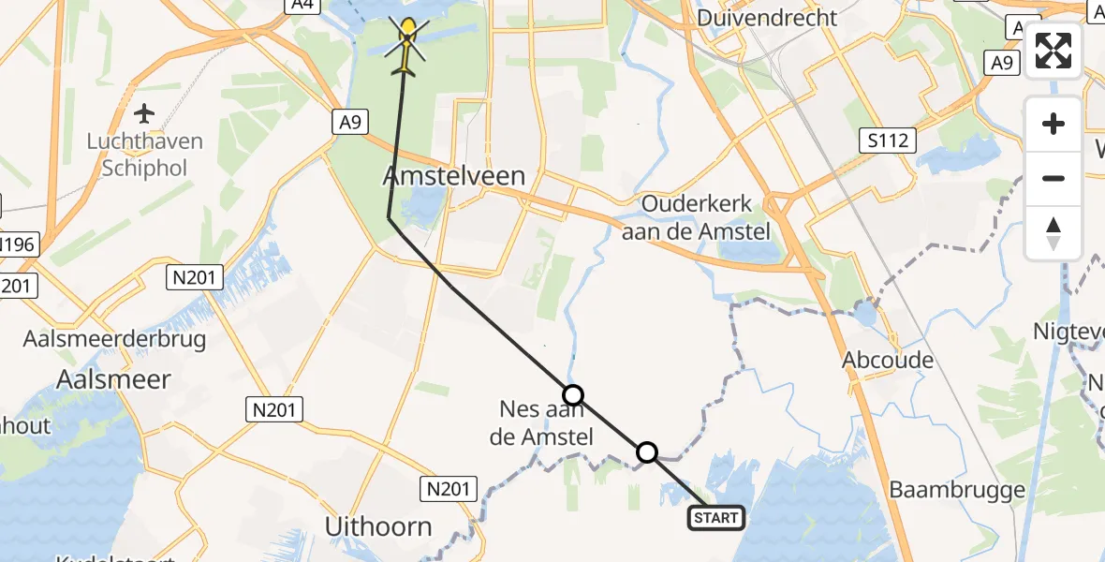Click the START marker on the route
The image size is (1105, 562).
coord(716,517)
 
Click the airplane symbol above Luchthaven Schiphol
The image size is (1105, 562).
coord(144,114)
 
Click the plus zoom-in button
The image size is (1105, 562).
coord(1053,124)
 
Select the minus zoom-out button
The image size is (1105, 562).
coord(1053,178)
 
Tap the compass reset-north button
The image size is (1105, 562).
coord(1053,232)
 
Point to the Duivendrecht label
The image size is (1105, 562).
coord(766,18)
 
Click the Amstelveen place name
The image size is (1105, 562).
coord(454,175)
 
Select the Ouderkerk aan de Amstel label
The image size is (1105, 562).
coord(695,218)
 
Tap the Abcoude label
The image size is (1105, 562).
coord(888,360)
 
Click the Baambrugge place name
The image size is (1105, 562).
coord(957,489)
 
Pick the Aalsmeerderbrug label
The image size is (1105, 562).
coord(114,338)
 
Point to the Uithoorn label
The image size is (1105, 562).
coord(378,526)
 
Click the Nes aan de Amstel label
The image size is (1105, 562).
coord(542,422)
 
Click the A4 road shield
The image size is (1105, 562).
coord(300,6)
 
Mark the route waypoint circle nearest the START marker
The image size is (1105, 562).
coord(647,453)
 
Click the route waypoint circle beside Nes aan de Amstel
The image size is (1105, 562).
coord(573,394)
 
